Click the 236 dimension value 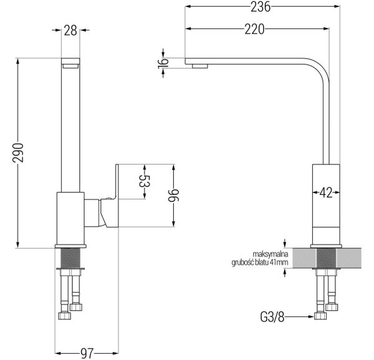(x=261, y=7)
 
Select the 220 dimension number (x=254, y=29)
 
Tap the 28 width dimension (x=70, y=31)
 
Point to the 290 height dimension (x=18, y=153)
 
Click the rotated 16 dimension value (x=163, y=63)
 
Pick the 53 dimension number (x=145, y=181)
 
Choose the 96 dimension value (x=173, y=196)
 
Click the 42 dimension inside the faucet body (x=326, y=192)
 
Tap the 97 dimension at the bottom (x=87, y=353)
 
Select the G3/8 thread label (x=272, y=317)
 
